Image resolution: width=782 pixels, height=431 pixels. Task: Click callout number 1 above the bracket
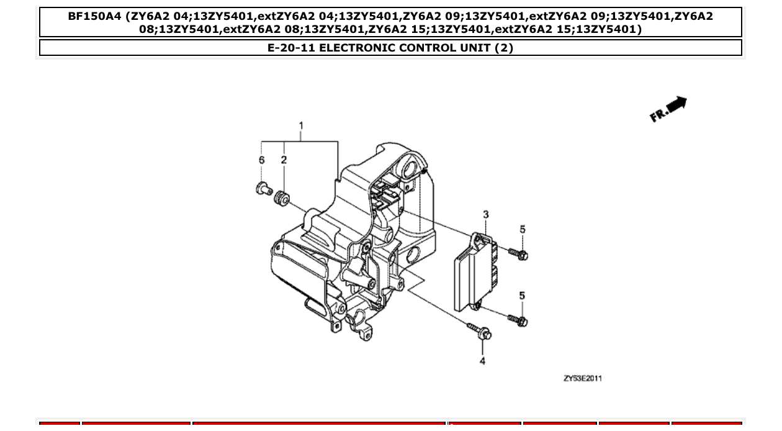tap(301, 125)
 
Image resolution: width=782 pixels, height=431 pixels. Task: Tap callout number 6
tap(262, 160)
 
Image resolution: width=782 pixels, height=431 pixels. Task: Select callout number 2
tap(284, 160)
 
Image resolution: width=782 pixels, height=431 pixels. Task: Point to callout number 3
tap(485, 214)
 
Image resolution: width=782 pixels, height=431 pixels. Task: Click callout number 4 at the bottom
tap(482, 361)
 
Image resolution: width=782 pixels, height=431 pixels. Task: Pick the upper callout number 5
tap(522, 230)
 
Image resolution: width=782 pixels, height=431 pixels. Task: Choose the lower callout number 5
tap(522, 296)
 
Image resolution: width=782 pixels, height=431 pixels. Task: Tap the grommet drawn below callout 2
tap(282, 198)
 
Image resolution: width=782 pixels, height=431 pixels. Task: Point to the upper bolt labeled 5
tap(518, 253)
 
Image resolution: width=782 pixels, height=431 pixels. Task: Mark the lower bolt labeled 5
tap(518, 320)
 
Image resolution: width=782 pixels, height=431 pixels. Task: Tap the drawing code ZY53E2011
tap(582, 378)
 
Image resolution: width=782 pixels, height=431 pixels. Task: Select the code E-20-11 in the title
tap(292, 48)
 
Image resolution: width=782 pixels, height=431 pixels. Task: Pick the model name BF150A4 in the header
tap(95, 17)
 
